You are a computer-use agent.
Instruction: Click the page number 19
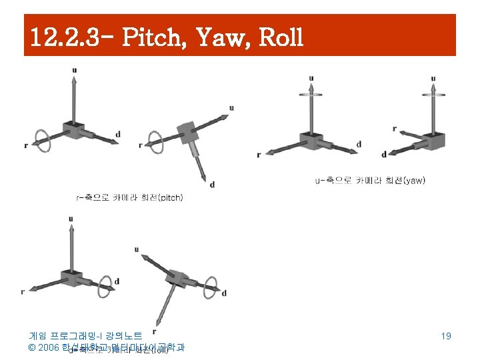tap(446, 336)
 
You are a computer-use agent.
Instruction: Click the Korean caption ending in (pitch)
tap(130, 197)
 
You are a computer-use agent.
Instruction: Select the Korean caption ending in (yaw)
tap(371, 180)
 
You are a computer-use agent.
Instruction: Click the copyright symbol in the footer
tap(31, 347)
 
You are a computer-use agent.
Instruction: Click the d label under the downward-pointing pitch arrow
tap(211, 185)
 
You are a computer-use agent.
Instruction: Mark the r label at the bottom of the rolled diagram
tap(154, 331)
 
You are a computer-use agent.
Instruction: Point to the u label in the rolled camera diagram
tap(136, 249)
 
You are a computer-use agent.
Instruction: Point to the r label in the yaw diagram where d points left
tap(395, 129)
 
